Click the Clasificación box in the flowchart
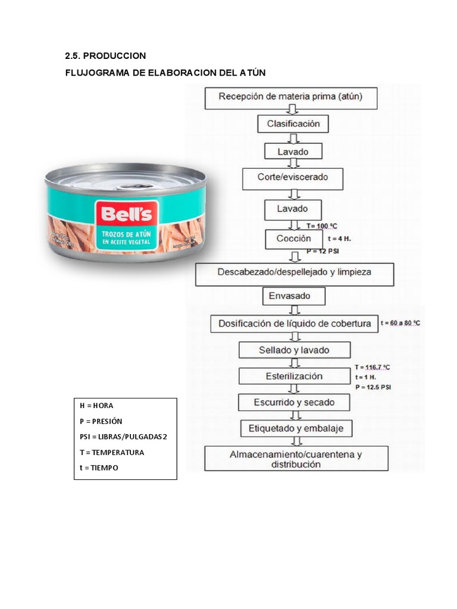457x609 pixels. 293,124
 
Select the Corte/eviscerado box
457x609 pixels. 293,177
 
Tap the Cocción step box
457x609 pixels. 293,238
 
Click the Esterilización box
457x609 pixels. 294,376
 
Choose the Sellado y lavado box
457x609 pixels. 294,350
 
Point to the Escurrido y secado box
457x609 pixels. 295,402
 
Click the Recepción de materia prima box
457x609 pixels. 291,97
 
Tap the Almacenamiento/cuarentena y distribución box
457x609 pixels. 296,459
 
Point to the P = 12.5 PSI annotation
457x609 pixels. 373,387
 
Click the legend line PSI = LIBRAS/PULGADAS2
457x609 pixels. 123,437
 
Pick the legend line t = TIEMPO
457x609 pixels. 99,467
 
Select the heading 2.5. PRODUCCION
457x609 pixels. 105,56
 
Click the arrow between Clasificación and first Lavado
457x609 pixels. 293,139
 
